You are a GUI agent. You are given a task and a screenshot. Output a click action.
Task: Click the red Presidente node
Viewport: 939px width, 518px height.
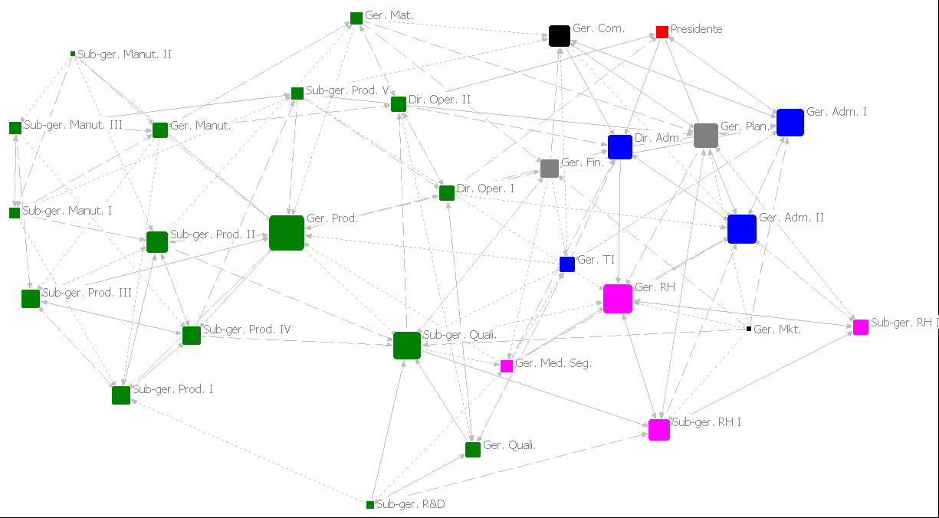[x=662, y=32]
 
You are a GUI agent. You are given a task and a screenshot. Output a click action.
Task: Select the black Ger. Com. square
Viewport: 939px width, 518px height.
[x=560, y=36]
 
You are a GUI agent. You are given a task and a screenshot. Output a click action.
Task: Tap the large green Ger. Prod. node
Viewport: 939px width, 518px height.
[x=287, y=233]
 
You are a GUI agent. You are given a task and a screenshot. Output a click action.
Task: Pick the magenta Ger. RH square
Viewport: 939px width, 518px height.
[x=618, y=299]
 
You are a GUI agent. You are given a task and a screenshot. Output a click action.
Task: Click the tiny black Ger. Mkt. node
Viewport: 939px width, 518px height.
[x=749, y=329]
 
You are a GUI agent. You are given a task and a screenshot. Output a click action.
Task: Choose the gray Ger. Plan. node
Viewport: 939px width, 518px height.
[x=706, y=136]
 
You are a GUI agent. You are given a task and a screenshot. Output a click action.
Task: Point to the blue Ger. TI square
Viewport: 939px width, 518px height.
[x=567, y=264]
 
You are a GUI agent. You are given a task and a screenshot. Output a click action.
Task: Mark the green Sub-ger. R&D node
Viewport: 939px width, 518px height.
[x=370, y=505]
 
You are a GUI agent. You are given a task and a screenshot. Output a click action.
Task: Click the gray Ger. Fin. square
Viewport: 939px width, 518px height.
[x=550, y=169]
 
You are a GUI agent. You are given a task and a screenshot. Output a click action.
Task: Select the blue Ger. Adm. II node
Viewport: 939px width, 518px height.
[x=742, y=229]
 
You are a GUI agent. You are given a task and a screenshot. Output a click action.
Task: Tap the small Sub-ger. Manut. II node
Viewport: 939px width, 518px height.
[x=73, y=54]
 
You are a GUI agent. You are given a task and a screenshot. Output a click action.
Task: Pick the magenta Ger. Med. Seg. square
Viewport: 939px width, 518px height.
[x=507, y=366]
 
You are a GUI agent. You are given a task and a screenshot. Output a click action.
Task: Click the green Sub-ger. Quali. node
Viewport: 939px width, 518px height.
[x=407, y=346]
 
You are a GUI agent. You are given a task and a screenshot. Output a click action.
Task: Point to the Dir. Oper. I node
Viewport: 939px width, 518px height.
[x=447, y=193]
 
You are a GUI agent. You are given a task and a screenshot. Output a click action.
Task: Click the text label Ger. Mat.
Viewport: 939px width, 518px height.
[x=389, y=15]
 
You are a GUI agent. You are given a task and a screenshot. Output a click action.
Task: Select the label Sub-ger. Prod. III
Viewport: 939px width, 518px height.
[x=87, y=292]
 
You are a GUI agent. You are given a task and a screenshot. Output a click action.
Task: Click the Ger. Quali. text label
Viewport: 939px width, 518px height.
[x=510, y=445]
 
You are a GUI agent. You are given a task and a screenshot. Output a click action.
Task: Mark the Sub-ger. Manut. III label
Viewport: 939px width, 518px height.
[x=73, y=125]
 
